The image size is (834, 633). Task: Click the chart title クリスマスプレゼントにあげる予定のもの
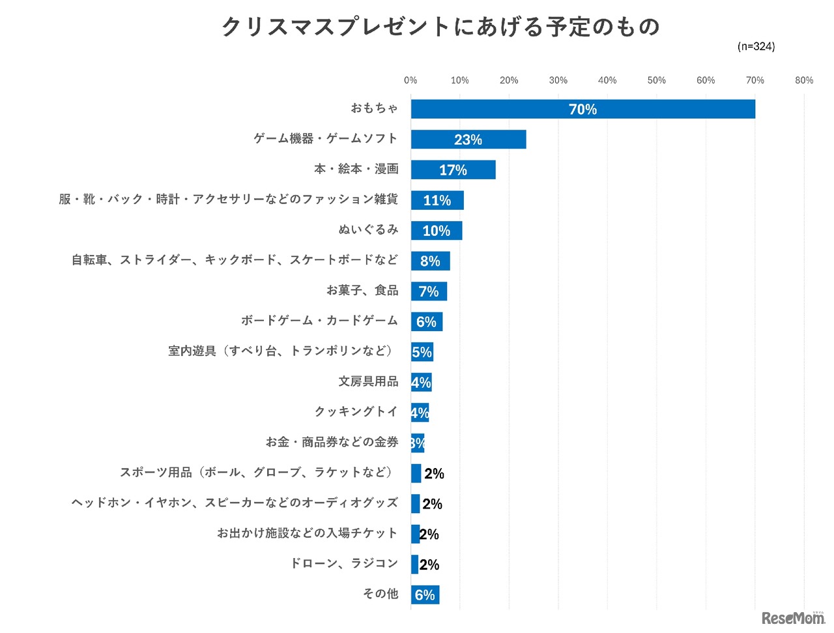click(440, 27)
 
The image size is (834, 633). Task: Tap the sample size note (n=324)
click(756, 46)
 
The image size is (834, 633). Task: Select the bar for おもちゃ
click(582, 109)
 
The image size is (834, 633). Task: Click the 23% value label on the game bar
click(468, 140)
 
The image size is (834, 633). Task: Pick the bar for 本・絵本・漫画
click(453, 169)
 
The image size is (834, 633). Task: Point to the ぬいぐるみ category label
click(368, 229)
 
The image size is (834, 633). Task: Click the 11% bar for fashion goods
click(437, 200)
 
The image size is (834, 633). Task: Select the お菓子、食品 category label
click(362, 290)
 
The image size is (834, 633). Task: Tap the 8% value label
click(430, 261)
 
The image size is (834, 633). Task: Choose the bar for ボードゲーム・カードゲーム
click(426, 321)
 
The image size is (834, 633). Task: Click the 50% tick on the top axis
click(656, 80)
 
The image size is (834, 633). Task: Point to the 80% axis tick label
click(803, 80)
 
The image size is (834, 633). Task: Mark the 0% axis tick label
click(410, 80)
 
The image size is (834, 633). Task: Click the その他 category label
click(381, 594)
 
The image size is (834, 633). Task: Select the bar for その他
click(425, 595)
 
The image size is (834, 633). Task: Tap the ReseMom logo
click(793, 618)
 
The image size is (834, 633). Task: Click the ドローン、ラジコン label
click(344, 563)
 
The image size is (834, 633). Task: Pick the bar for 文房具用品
click(421, 382)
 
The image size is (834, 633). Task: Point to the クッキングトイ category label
click(356, 411)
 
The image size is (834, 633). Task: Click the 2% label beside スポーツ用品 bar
click(434, 474)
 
